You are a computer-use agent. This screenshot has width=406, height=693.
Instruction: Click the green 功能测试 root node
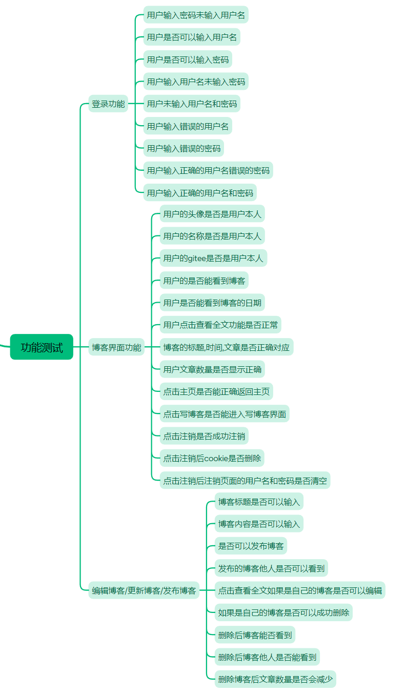coord(42,347)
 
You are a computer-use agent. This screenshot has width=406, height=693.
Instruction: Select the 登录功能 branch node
coord(108,104)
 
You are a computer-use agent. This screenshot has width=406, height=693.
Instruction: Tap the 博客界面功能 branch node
coord(116,347)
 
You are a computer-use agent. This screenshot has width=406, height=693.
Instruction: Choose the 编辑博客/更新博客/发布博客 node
coord(144,590)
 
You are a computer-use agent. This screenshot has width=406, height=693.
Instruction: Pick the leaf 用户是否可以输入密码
coord(188,60)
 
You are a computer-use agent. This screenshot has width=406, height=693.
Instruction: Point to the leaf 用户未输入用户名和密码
coord(192,104)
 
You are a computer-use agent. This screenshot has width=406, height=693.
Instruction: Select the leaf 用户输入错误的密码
coord(184,148)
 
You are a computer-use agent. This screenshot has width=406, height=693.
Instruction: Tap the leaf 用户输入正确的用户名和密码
coord(200,193)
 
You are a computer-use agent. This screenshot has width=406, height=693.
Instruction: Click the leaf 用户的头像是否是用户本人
coord(212,214)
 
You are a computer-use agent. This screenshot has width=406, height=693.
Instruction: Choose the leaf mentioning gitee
coord(213,258)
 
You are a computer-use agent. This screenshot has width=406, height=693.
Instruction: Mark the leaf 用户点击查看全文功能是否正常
coord(220,325)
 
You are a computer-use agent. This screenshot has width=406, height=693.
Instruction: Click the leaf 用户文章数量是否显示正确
coord(212,369)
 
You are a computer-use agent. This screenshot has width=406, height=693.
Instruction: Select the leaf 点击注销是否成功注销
coord(204,437)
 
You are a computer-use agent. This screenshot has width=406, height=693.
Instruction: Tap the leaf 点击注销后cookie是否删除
coord(212,459)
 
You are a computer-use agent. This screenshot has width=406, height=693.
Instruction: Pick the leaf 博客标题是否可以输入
coord(259,502)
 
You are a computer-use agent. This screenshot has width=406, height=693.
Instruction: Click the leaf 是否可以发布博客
coord(251,546)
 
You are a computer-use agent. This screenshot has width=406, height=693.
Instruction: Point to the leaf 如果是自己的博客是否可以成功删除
coord(283,612)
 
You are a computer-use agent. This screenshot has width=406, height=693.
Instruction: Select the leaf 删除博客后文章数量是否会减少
coord(275,680)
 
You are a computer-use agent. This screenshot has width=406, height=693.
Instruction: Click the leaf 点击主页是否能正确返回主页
coord(216,391)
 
